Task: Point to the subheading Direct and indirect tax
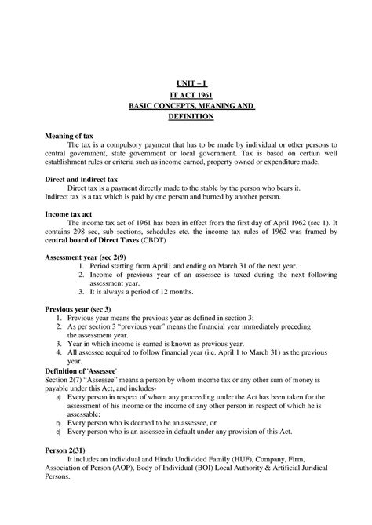click(x=84, y=180)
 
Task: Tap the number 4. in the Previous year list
click(x=83, y=354)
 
